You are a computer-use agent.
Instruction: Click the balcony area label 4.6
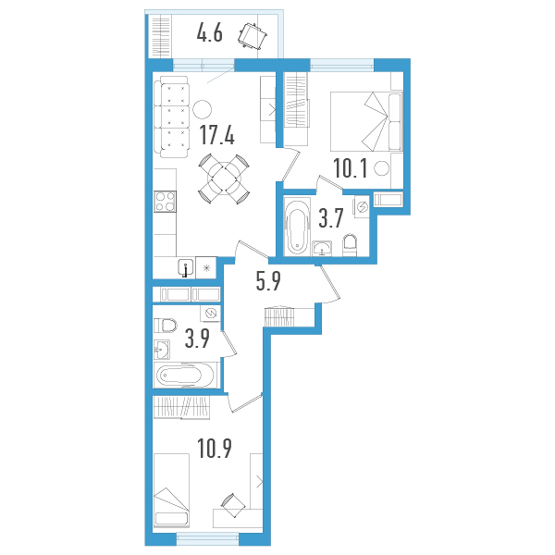210,35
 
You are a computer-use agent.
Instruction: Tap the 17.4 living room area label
217,135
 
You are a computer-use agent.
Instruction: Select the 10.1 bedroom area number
351,168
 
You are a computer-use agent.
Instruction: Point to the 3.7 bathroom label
331,218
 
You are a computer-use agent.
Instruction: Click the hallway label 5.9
268,281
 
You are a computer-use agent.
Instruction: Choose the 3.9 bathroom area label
197,339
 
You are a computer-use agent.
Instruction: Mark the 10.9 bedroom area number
215,448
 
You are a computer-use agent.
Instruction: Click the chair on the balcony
253,35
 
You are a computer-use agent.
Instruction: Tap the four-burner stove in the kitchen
165,202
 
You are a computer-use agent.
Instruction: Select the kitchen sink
186,268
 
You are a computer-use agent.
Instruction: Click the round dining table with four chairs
224,179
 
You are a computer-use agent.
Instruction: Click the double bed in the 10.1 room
366,121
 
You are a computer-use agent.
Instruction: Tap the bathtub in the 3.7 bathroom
297,228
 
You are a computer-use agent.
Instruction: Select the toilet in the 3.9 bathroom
166,326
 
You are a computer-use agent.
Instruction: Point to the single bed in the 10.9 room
172,490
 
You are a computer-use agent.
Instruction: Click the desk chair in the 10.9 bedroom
233,505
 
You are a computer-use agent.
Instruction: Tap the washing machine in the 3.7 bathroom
361,206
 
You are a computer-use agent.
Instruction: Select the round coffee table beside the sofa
202,109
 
